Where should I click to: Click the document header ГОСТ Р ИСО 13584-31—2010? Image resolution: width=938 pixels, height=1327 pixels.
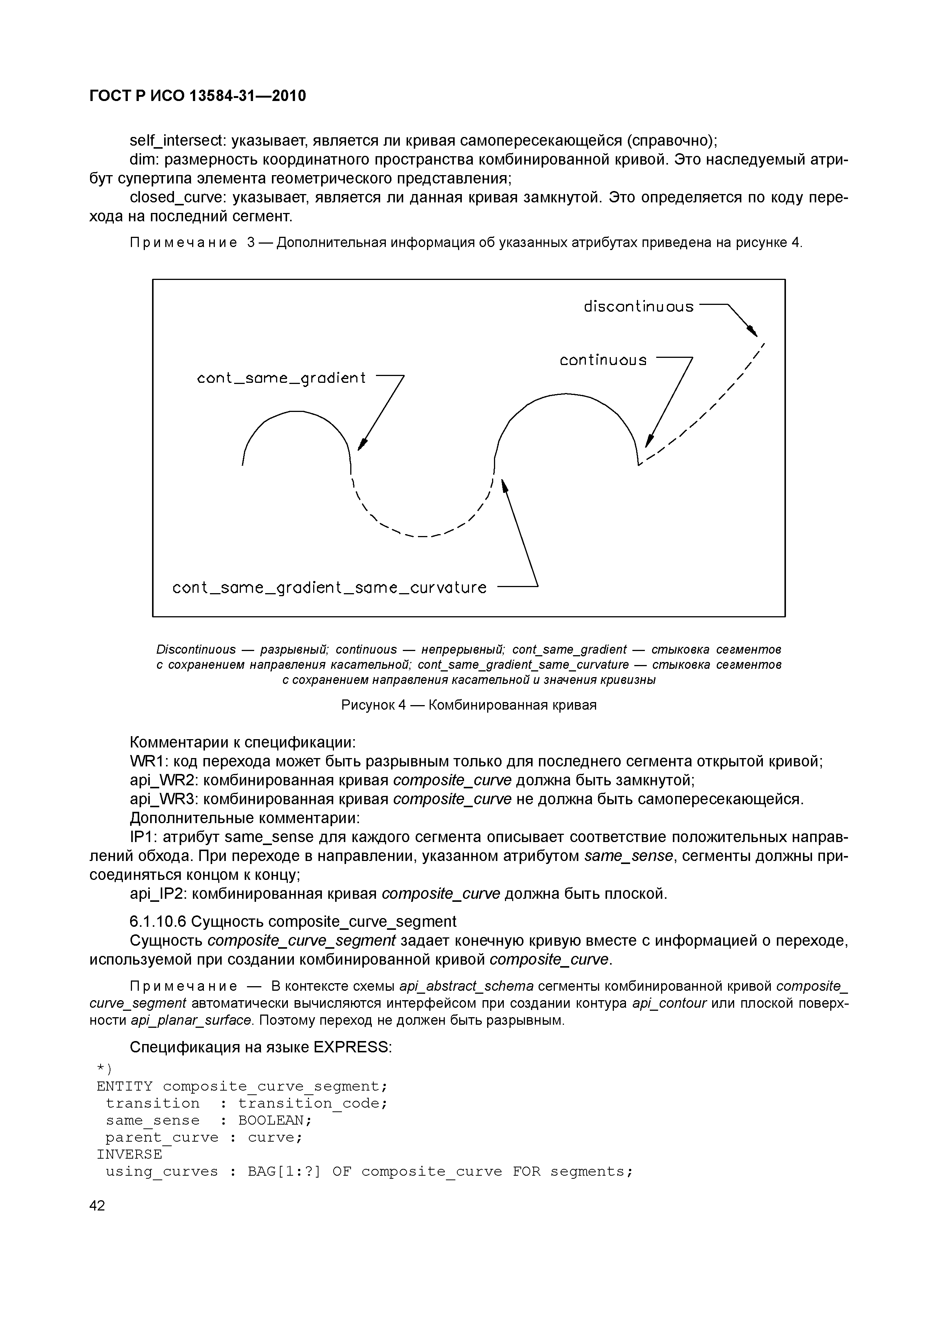pyautogui.click(x=198, y=96)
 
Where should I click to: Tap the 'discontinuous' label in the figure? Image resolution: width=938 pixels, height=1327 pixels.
pyautogui.click(x=638, y=306)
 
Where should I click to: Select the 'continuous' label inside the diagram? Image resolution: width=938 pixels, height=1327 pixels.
pyautogui.click(x=603, y=360)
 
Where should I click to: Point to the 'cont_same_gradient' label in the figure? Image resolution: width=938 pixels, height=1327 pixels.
pyautogui.click(x=281, y=379)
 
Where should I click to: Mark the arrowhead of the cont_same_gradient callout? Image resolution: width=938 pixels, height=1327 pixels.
pyautogui.click(x=362, y=444)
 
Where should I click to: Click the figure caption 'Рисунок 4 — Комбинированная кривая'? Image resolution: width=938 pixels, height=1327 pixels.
pyautogui.click(x=469, y=705)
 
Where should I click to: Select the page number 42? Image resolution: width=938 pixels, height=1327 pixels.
pyautogui.click(x=98, y=1206)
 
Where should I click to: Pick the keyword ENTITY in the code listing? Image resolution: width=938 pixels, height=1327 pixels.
pyautogui.click(x=125, y=1086)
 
